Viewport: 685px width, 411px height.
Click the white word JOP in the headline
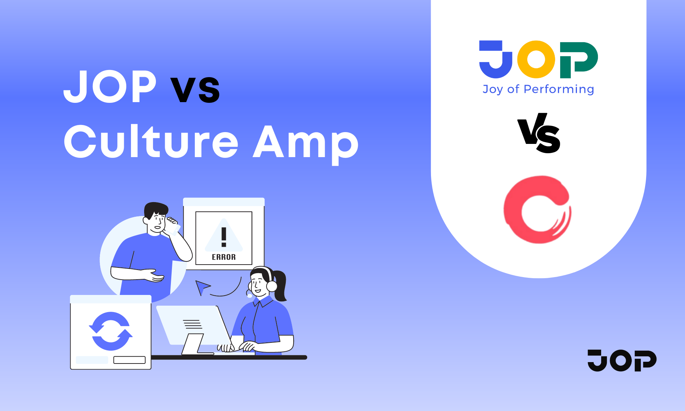tap(110, 86)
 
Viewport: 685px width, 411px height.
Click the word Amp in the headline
tap(305, 144)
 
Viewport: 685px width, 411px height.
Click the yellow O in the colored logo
tap(536, 59)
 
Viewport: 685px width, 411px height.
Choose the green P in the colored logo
tap(579, 60)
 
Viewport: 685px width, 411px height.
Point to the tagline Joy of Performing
tap(538, 89)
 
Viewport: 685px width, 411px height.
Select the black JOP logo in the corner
tap(622, 361)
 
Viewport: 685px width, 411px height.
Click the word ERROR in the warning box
tap(224, 257)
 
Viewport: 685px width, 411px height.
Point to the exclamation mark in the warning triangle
tap(224, 237)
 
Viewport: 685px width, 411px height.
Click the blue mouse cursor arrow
tap(202, 287)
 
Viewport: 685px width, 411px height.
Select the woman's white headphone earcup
tap(272, 286)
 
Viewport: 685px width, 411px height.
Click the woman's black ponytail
tap(280, 286)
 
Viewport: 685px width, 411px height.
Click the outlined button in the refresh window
tap(130, 360)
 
